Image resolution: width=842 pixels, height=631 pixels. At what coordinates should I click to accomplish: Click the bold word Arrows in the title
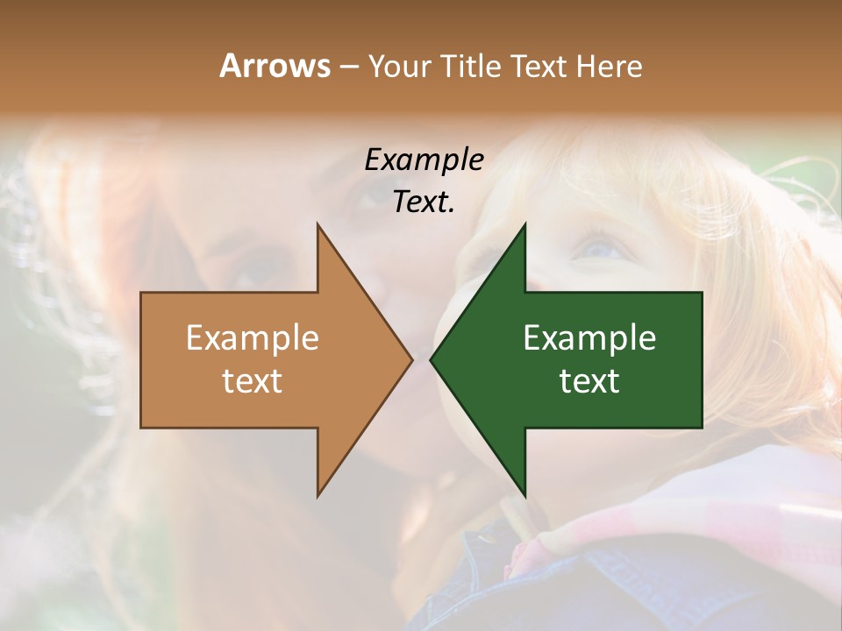pyautogui.click(x=275, y=66)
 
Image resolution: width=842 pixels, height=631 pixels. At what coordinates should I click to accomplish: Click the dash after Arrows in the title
pyautogui.click(x=348, y=67)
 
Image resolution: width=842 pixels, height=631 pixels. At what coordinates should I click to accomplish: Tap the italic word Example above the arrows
pyautogui.click(x=424, y=160)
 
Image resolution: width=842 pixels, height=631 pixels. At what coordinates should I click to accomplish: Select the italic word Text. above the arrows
pyautogui.click(x=424, y=202)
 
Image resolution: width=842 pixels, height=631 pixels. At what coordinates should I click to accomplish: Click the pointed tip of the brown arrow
pyautogui.click(x=410, y=359)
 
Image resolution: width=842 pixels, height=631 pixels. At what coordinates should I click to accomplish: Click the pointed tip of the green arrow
pyautogui.click(x=432, y=359)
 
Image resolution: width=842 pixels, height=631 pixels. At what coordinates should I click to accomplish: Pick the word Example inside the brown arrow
pyautogui.click(x=253, y=337)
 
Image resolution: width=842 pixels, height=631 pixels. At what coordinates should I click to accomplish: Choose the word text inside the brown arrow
pyautogui.click(x=253, y=380)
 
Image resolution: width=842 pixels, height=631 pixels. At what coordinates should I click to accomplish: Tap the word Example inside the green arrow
pyautogui.click(x=589, y=337)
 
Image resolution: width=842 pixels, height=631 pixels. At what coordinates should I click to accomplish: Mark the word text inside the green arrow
pyautogui.click(x=589, y=380)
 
